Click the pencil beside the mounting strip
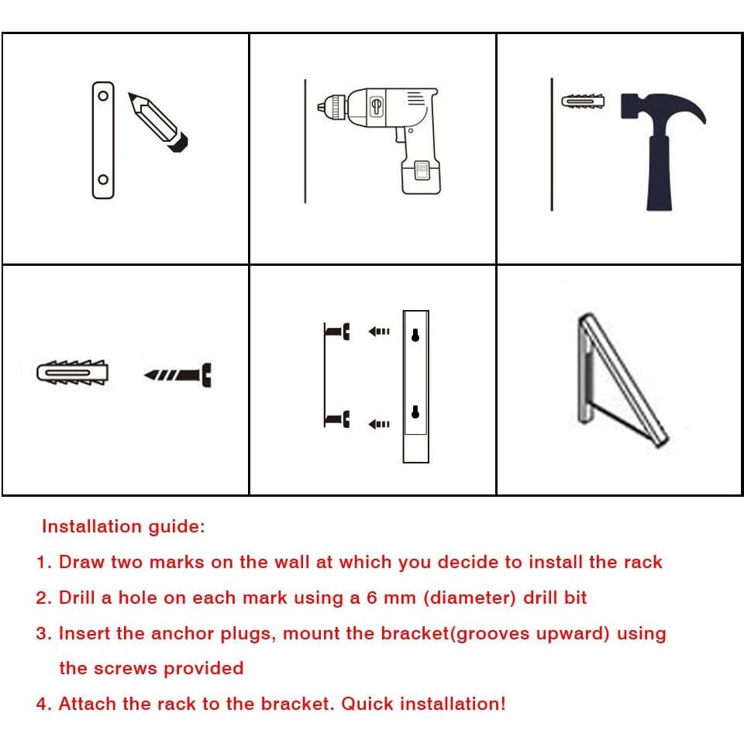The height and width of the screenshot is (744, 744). tap(158, 122)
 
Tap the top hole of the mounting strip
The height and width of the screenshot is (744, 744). tap(103, 96)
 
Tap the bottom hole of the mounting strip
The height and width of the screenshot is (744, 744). tap(103, 180)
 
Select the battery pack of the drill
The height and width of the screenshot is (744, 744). tap(422, 177)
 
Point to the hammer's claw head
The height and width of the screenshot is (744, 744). tap(663, 108)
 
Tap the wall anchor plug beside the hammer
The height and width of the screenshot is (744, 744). tap(583, 102)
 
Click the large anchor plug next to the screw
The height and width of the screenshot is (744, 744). tap(73, 373)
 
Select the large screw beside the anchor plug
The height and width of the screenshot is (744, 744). tap(178, 375)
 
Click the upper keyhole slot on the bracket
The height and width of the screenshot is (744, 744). tap(415, 335)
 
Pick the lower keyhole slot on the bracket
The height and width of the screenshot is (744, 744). tap(415, 412)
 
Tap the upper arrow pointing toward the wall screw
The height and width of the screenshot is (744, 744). tap(379, 331)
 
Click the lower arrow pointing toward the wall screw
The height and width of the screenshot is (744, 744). tap(379, 424)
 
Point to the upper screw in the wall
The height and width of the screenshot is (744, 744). tap(338, 331)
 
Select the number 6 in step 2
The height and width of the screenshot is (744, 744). tap(372, 598)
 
